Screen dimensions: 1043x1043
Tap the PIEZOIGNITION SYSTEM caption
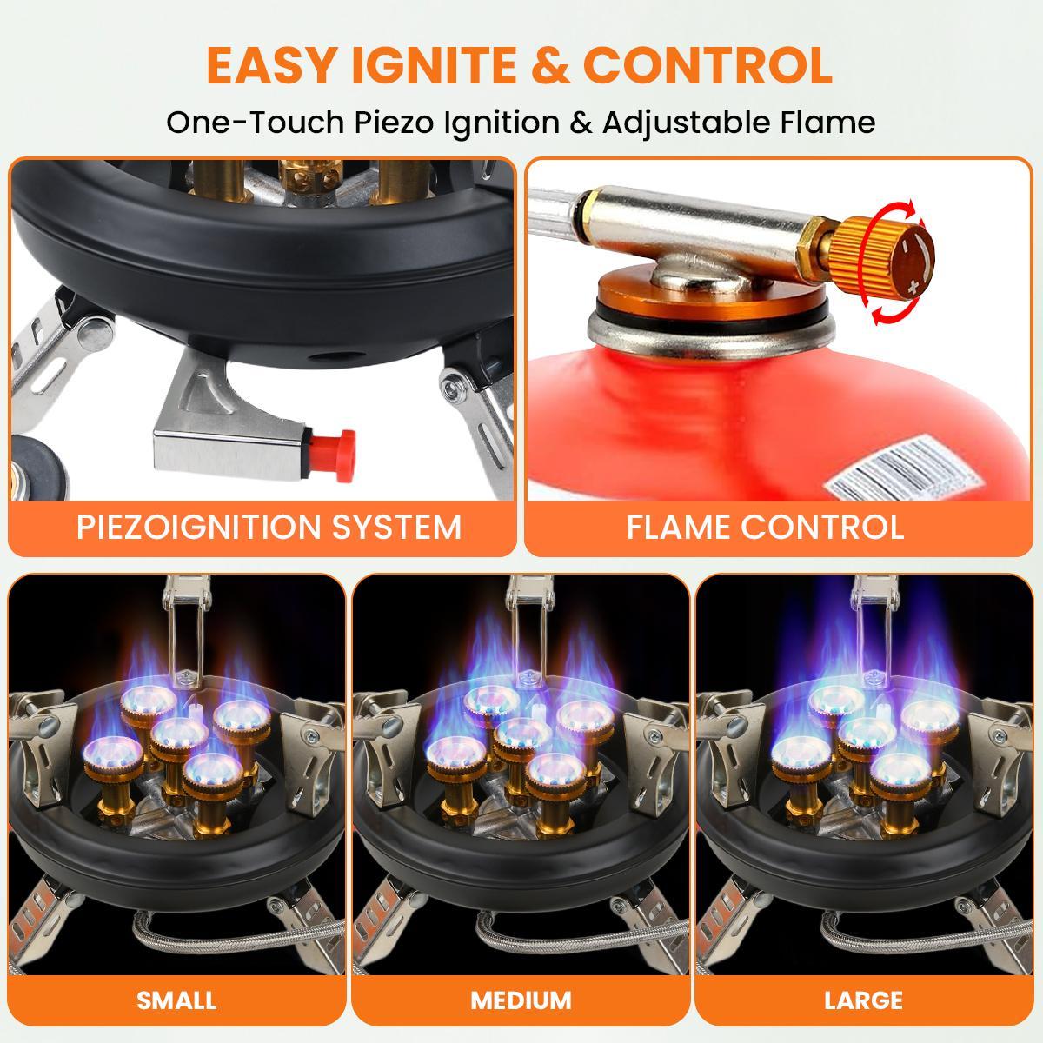tap(269, 527)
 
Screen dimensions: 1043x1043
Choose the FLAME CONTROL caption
tap(765, 527)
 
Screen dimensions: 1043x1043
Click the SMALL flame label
tap(176, 1000)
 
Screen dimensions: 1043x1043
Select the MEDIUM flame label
tap(521, 1000)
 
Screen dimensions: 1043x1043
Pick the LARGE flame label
tap(864, 1000)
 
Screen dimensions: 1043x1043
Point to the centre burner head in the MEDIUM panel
tap(521, 732)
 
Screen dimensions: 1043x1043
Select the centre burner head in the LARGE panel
tap(866, 732)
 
